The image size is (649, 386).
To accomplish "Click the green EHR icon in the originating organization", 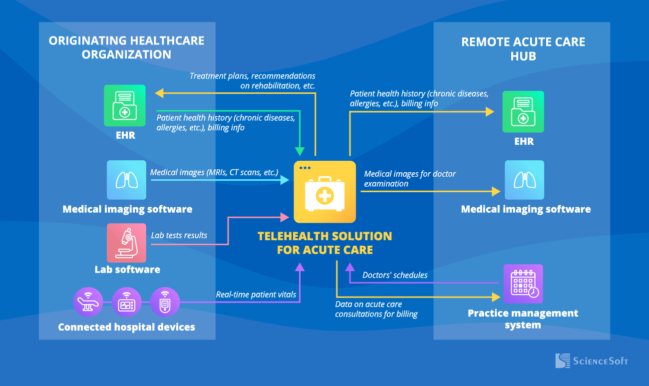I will point(125,105).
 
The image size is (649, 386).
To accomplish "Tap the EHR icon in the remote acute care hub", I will point(523,112).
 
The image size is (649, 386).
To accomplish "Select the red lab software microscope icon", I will point(127,243).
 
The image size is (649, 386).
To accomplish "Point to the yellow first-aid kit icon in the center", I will point(324,192).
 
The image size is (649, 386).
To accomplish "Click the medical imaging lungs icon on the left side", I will point(127,180).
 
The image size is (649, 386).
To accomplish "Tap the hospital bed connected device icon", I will point(88,303).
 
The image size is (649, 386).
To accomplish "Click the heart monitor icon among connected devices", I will point(127,303).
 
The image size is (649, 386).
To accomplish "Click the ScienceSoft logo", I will point(592,361).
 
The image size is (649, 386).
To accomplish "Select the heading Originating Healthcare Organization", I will point(127,47).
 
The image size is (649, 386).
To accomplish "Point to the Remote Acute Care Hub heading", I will point(523,49).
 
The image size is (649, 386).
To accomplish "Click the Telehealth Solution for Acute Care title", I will point(324,243).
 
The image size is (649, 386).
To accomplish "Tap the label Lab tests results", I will point(179,235).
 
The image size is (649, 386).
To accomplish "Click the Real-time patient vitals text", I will point(256,295).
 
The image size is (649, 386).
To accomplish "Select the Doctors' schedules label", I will point(395,275).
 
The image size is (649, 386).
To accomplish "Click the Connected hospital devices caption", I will point(127,328).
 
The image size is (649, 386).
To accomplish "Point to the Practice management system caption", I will point(523,319).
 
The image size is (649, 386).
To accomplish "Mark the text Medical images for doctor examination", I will point(410,179).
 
